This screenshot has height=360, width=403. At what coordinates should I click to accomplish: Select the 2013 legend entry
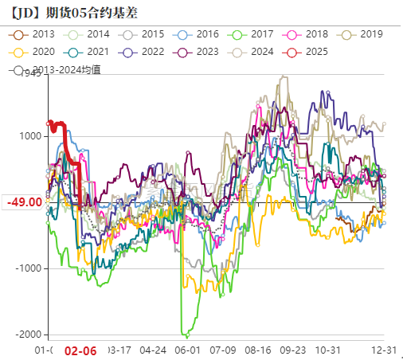(36, 34)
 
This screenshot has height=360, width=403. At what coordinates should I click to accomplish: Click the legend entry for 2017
(253, 34)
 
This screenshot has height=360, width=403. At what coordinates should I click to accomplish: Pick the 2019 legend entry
(362, 34)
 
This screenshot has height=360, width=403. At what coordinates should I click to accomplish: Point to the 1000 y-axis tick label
(31, 136)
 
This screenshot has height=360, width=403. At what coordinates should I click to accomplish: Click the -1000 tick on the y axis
(29, 268)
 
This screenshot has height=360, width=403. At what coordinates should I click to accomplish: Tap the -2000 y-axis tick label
(29, 335)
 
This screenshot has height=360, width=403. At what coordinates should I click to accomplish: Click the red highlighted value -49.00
(25, 202)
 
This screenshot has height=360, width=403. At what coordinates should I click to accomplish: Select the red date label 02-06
(80, 350)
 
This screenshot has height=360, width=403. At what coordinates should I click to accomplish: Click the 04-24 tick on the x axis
(153, 350)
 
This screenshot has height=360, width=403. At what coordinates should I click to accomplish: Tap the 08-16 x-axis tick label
(258, 350)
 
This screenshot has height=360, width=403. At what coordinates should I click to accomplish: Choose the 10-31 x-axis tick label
(328, 350)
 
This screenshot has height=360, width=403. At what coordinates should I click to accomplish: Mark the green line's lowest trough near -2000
(186, 336)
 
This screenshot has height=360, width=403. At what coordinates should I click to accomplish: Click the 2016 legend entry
(199, 34)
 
